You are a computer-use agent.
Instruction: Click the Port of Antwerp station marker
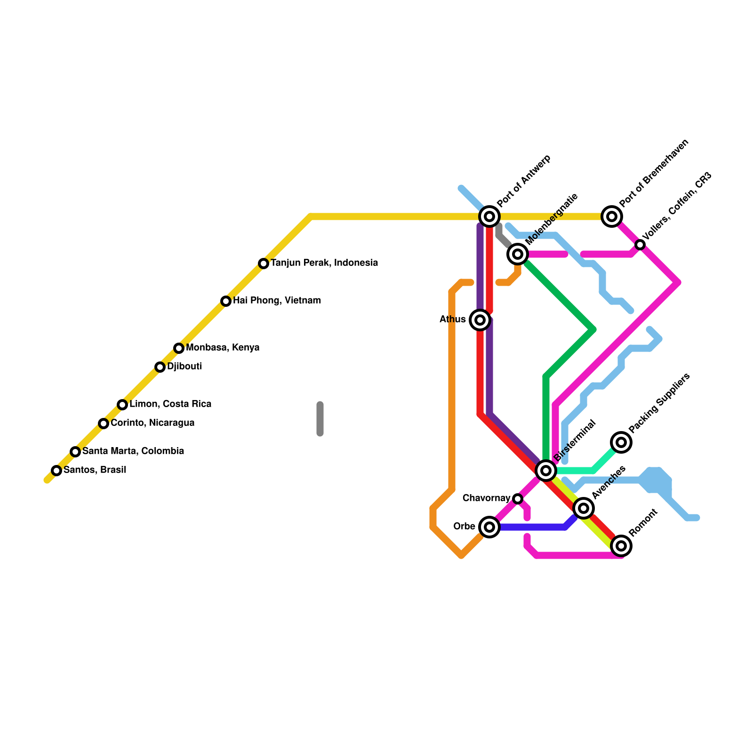489,216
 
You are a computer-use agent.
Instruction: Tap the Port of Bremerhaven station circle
612,216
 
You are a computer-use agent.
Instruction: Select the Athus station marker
480,320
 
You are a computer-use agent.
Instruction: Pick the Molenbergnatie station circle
518,254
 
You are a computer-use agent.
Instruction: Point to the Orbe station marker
489,527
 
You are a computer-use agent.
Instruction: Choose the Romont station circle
621,546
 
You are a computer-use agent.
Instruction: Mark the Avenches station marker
584,508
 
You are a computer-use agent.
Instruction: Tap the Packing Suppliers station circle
621,442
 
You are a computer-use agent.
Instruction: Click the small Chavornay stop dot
518,498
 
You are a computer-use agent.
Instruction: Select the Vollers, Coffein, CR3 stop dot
640,244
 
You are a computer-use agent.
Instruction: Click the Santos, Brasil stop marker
56,470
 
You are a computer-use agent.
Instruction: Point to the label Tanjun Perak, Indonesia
324,263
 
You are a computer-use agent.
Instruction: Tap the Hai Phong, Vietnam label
277,300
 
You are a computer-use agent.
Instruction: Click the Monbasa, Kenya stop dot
179,348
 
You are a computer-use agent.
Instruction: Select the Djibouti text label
184,366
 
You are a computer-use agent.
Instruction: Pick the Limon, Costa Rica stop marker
122,404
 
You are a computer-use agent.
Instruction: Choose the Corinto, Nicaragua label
152,423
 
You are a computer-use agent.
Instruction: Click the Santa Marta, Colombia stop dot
75,451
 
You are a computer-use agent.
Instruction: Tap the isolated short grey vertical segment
320,419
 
